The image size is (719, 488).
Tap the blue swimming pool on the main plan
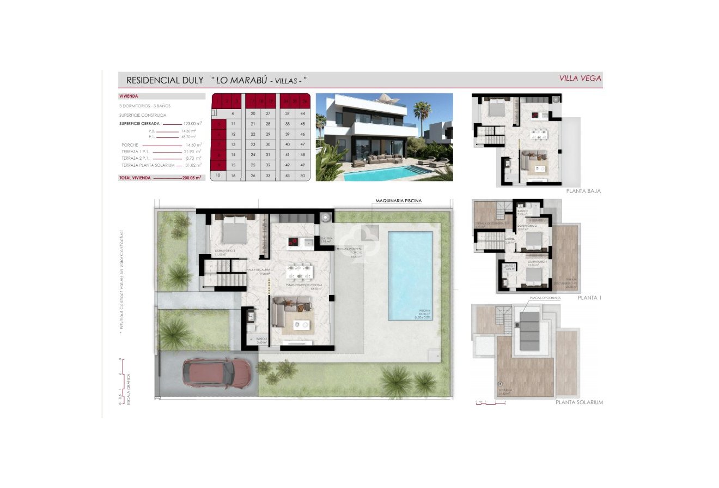click(x=410, y=275)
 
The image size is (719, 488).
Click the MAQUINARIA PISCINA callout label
click(x=398, y=201)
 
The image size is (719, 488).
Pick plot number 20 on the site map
click(x=253, y=113)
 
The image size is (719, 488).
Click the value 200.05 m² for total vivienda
click(x=191, y=178)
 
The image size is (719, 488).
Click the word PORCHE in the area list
click(x=130, y=145)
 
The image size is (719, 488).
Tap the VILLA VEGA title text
click(x=580, y=79)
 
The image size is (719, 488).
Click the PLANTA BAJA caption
click(x=583, y=191)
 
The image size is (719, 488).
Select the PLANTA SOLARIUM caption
click(x=579, y=402)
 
